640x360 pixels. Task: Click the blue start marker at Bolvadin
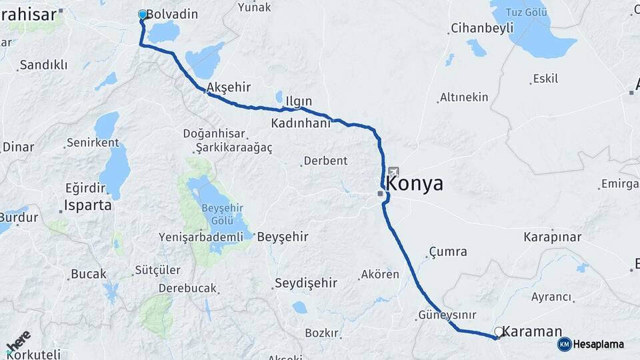pos(142,14)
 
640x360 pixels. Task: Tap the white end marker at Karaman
pos(498,331)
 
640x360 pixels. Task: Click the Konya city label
pos(414,184)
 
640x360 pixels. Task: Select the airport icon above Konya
pos(393,172)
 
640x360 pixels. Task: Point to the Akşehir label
pos(229,87)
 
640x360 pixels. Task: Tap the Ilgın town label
pos(299,101)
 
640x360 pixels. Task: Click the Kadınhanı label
pos(301,123)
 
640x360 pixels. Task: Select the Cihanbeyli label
pos(482,28)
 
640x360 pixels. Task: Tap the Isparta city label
pos(87,205)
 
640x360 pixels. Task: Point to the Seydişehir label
pos(307,283)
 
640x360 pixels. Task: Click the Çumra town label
pos(448,252)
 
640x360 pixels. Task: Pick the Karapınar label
pos(552,237)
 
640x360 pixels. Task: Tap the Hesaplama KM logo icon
pos(564,344)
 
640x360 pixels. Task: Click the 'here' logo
pos(18,341)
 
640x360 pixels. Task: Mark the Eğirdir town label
pos(85,188)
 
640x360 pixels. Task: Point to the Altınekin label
pos(464,97)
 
